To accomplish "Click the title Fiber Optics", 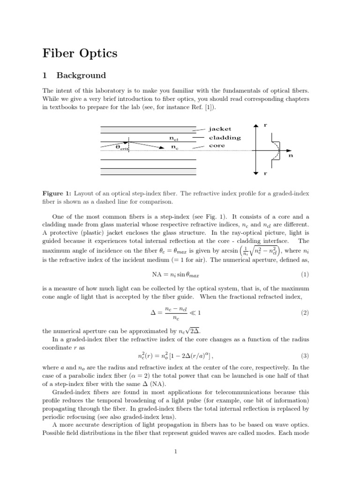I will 80,53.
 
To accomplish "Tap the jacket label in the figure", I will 220,128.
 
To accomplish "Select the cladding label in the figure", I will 225,138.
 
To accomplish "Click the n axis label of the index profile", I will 290,155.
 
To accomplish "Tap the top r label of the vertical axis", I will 265,126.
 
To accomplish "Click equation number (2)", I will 304,313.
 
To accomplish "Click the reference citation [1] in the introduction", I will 185,107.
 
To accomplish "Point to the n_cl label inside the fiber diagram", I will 174,138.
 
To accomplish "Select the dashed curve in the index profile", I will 277,150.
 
